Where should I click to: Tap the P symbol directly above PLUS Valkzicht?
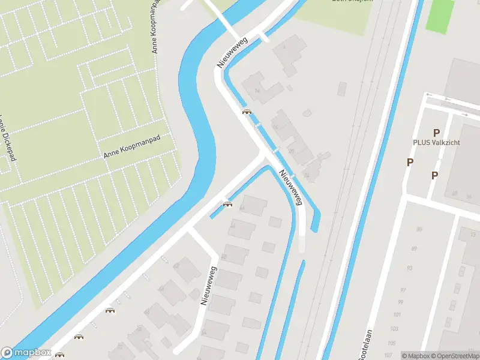tap(436, 133)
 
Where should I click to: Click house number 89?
tap(414, 249)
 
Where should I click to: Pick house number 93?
tap(410, 268)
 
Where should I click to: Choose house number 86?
tap(419, 229)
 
